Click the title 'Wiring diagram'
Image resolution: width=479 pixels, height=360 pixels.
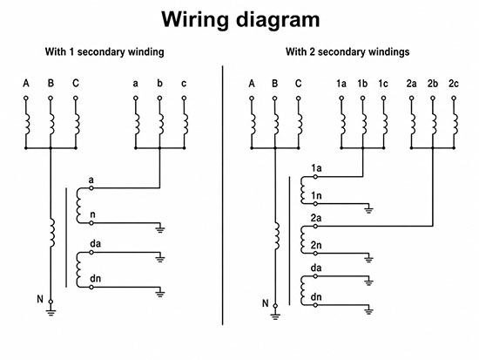click(x=240, y=20)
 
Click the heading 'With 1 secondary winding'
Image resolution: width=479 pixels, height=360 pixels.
click(x=105, y=52)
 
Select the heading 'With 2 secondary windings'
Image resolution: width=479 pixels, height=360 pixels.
click(x=347, y=52)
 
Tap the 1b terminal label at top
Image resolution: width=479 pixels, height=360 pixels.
click(x=362, y=84)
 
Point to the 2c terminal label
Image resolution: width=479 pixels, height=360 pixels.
click(x=454, y=84)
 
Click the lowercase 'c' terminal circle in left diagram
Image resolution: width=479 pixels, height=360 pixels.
click(x=184, y=98)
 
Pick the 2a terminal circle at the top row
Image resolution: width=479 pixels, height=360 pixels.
click(x=411, y=98)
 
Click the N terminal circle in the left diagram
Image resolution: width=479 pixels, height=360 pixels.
click(x=51, y=302)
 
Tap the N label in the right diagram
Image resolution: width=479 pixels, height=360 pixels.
click(x=265, y=303)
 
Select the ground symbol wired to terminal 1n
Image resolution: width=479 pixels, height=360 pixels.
click(x=368, y=210)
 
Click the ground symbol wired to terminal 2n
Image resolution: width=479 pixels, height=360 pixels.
click(x=368, y=260)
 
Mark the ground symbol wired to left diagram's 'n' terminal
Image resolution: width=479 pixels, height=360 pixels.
click(x=159, y=229)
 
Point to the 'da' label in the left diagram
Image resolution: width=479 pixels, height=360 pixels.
click(x=95, y=244)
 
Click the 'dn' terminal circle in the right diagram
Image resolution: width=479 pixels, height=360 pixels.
click(x=315, y=305)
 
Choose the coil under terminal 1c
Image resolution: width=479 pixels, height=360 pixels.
click(x=385, y=125)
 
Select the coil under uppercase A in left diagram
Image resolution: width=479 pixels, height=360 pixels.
click(x=27, y=125)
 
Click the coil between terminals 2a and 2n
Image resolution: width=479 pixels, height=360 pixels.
click(x=303, y=240)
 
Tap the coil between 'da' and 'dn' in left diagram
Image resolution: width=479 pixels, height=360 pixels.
click(x=78, y=269)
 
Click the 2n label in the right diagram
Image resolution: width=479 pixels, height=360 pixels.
click(x=316, y=245)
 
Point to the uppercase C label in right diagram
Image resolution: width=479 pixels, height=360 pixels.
click(x=299, y=84)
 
